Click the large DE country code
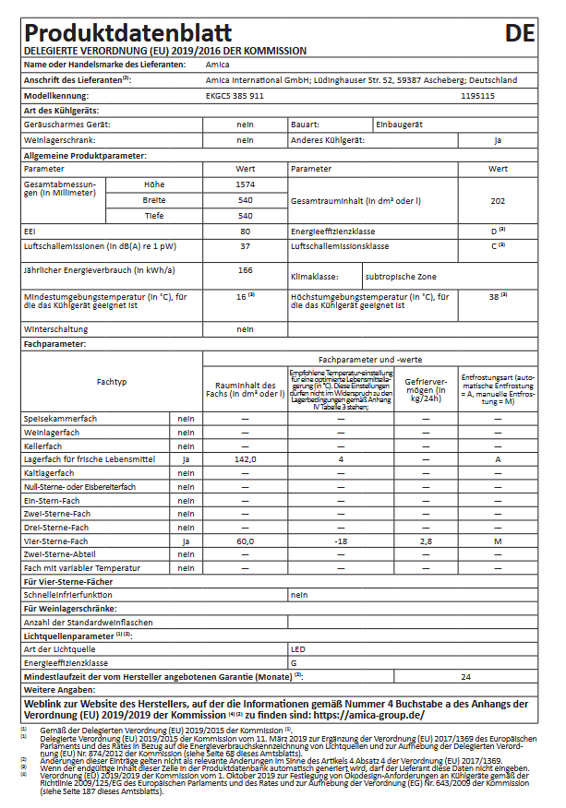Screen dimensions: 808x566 pos(520,33)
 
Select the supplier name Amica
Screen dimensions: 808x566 pos(218,65)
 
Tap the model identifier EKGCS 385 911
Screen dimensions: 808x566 pos(235,95)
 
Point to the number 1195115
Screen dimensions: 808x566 pos(477,95)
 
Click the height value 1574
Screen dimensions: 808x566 pos(245,184)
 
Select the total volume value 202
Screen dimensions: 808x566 pos(498,200)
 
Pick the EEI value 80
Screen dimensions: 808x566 pos(245,231)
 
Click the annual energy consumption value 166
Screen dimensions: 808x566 pos(245,270)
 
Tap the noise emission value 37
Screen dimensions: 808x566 pos(245,246)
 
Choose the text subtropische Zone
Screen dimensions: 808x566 pos(400,276)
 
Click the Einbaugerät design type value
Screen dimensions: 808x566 pos(399,124)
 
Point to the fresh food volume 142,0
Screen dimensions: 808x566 pos(245,458)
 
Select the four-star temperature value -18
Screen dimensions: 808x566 pos(341,540)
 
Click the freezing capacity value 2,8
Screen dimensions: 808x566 pos(426,540)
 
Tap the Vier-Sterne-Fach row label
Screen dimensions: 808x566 pos(56,540)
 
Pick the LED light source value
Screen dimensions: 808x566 pos(297,649)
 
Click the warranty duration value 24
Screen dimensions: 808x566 pos(466,676)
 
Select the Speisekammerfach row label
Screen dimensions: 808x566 pos(60,418)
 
